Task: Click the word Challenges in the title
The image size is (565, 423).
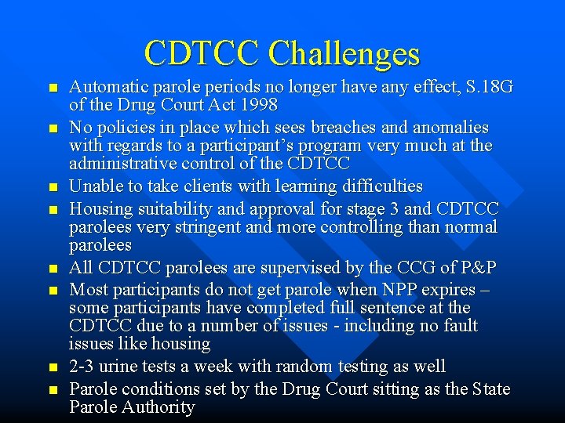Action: (x=344, y=53)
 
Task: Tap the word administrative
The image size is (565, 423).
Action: (x=121, y=163)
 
